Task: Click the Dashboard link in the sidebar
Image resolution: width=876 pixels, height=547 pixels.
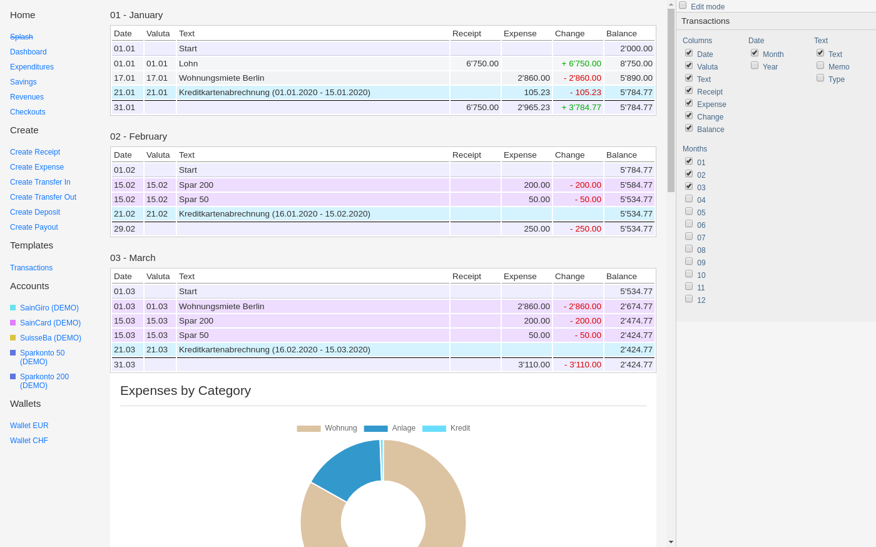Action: click(x=28, y=52)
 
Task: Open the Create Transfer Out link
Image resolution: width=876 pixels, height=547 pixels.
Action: click(x=43, y=197)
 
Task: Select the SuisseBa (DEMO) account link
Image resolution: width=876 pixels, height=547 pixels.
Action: click(x=51, y=338)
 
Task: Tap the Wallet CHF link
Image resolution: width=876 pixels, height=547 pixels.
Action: click(x=29, y=440)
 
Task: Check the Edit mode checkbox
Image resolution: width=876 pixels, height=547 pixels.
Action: click(x=683, y=6)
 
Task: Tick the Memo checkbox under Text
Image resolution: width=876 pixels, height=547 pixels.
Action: click(x=820, y=65)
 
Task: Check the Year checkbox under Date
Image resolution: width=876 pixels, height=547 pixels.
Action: click(x=755, y=65)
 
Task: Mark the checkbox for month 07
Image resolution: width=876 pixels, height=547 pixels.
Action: click(x=689, y=237)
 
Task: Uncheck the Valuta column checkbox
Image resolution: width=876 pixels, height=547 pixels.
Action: click(x=689, y=65)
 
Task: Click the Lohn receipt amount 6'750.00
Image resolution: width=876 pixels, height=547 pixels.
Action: click(x=482, y=63)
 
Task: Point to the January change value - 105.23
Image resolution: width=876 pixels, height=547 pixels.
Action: click(x=586, y=93)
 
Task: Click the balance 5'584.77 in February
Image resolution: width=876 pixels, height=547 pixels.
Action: click(x=636, y=185)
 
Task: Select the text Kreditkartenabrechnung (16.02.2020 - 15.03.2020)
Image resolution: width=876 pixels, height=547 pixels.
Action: click(x=275, y=349)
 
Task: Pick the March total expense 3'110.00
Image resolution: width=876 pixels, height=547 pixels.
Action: click(x=534, y=364)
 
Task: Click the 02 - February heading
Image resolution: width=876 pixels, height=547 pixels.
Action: click(x=138, y=136)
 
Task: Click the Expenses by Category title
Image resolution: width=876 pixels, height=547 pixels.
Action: click(x=185, y=391)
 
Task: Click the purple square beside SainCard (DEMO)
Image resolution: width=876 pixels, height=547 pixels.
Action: click(x=13, y=323)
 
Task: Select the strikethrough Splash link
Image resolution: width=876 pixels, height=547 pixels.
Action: click(x=21, y=37)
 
